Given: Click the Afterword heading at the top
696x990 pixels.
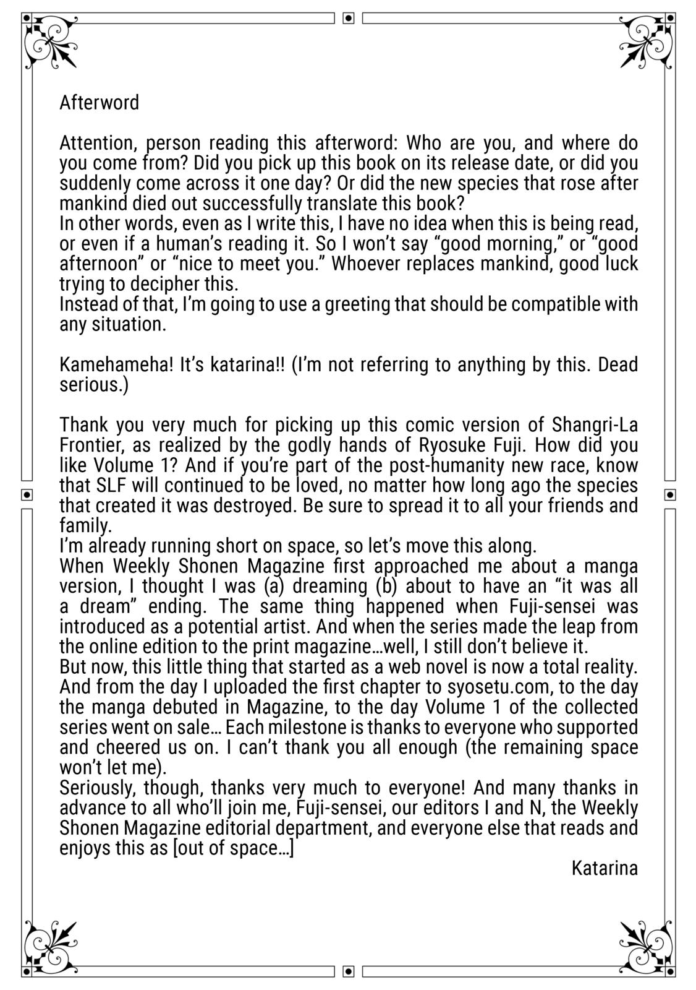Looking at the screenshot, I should point(99,103).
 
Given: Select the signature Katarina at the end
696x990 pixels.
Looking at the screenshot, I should point(604,868).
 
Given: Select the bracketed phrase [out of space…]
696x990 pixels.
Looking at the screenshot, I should point(234,848).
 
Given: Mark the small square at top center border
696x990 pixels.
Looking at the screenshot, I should point(348,18).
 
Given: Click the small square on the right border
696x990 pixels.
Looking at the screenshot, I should point(671,494).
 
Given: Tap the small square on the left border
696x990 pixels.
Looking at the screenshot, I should point(27,494).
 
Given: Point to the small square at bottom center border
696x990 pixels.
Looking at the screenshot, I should point(348,971).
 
